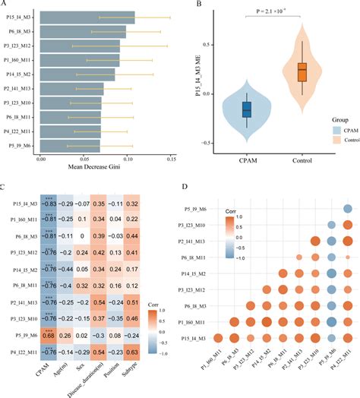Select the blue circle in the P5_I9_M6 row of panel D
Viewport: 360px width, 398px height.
346,210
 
